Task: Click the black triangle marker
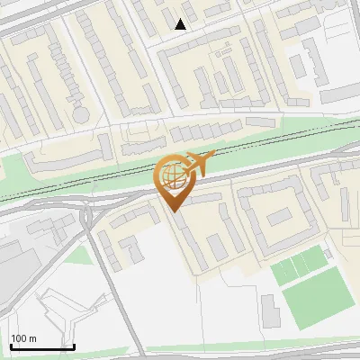181,24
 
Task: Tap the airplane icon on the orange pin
198,163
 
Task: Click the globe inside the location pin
172,175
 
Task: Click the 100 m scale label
23,338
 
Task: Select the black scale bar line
41,346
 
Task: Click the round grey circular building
81,115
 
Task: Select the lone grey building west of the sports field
270,310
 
